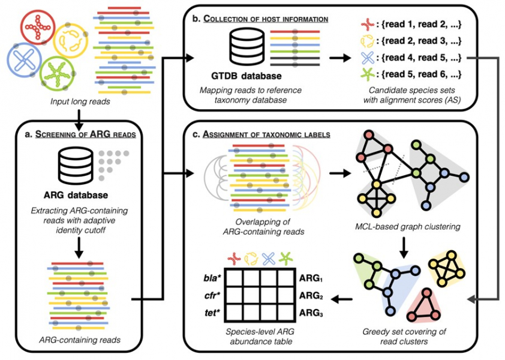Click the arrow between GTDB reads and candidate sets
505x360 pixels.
tap(339, 59)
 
